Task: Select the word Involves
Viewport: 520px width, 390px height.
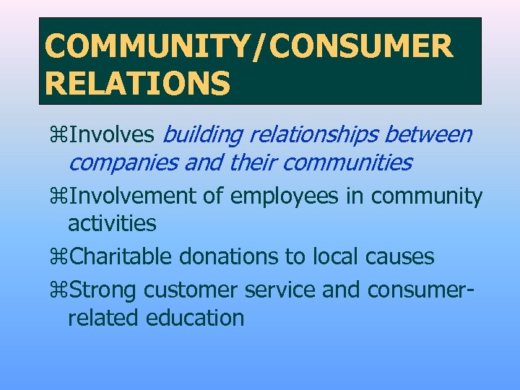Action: click(111, 134)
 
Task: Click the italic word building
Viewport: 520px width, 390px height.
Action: click(202, 134)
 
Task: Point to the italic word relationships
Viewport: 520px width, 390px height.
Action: click(314, 134)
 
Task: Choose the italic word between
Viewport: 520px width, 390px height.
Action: click(428, 134)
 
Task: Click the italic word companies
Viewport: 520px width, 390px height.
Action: click(123, 163)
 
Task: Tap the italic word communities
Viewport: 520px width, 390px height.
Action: click(347, 163)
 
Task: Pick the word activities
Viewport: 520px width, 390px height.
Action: click(112, 224)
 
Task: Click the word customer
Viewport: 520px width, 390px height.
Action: click(191, 289)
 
